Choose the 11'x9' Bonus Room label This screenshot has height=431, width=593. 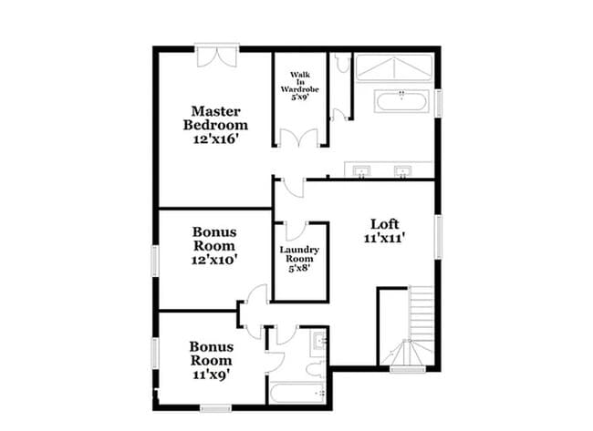[211, 359]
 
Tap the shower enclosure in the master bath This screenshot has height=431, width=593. [393, 67]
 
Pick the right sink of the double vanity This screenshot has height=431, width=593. [402, 169]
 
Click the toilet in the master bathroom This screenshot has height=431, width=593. [340, 64]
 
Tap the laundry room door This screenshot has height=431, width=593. [296, 230]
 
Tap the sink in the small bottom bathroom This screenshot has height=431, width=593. [319, 343]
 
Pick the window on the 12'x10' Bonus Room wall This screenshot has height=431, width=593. [154, 259]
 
